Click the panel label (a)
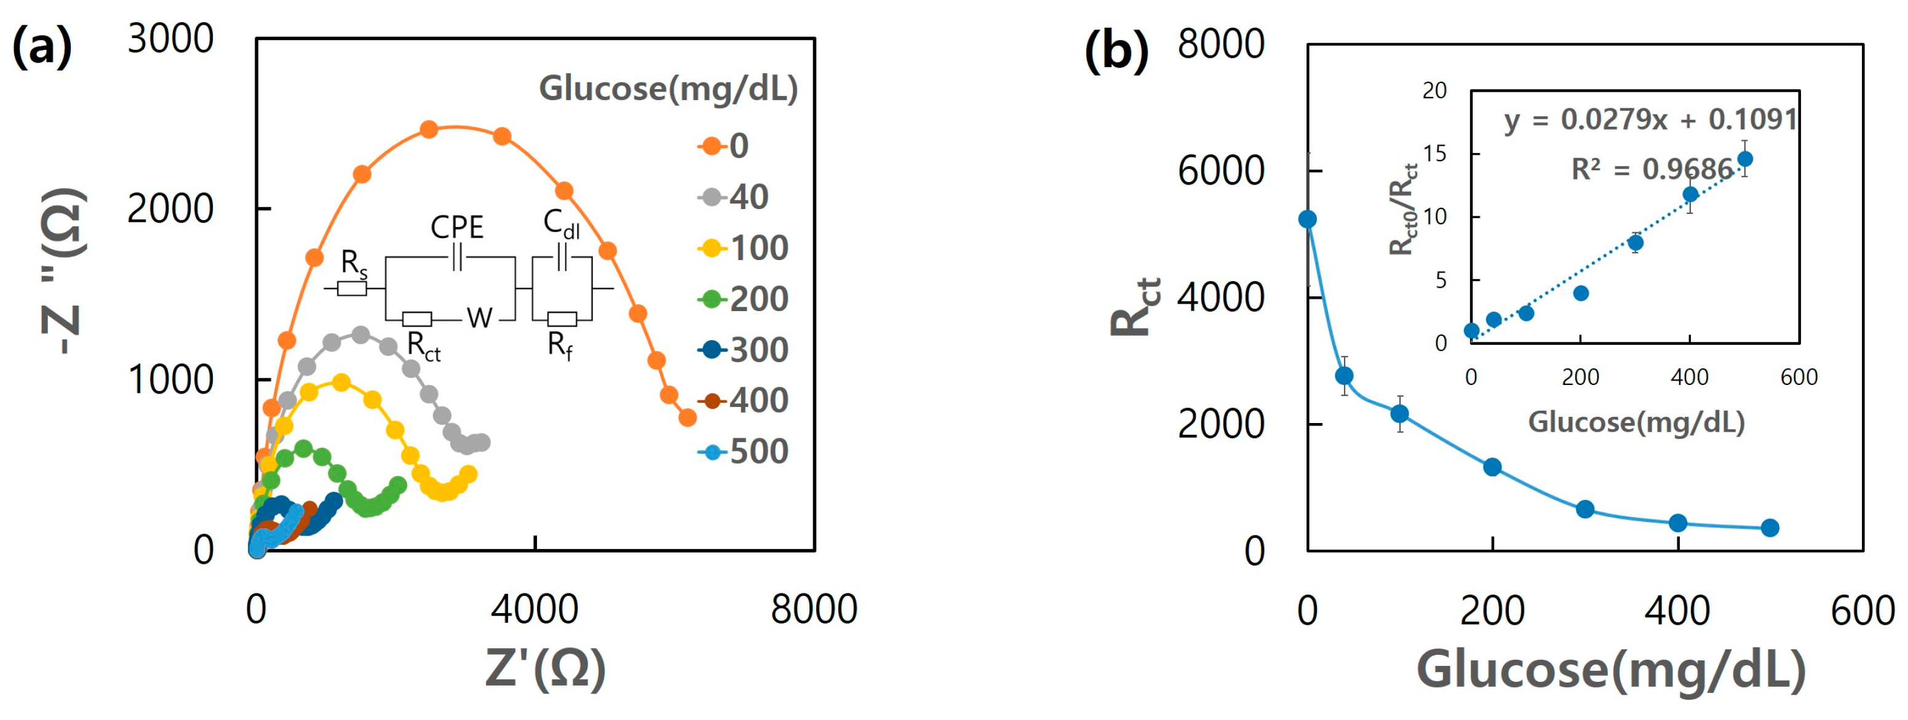point(42,46)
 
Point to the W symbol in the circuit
point(479,318)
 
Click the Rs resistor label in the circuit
point(353,264)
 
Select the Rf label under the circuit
point(559,344)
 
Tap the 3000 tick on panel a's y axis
point(170,39)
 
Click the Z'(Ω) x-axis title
point(546,668)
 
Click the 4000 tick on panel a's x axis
point(535,609)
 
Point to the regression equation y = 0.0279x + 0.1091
point(1650,119)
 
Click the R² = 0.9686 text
point(1652,170)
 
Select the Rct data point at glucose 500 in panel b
point(1770,528)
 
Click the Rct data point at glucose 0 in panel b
point(1307,220)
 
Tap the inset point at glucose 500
point(1745,159)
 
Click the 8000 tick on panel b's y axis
point(1221,44)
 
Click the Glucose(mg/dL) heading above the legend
point(668,89)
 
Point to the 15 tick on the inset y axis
point(1435,154)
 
